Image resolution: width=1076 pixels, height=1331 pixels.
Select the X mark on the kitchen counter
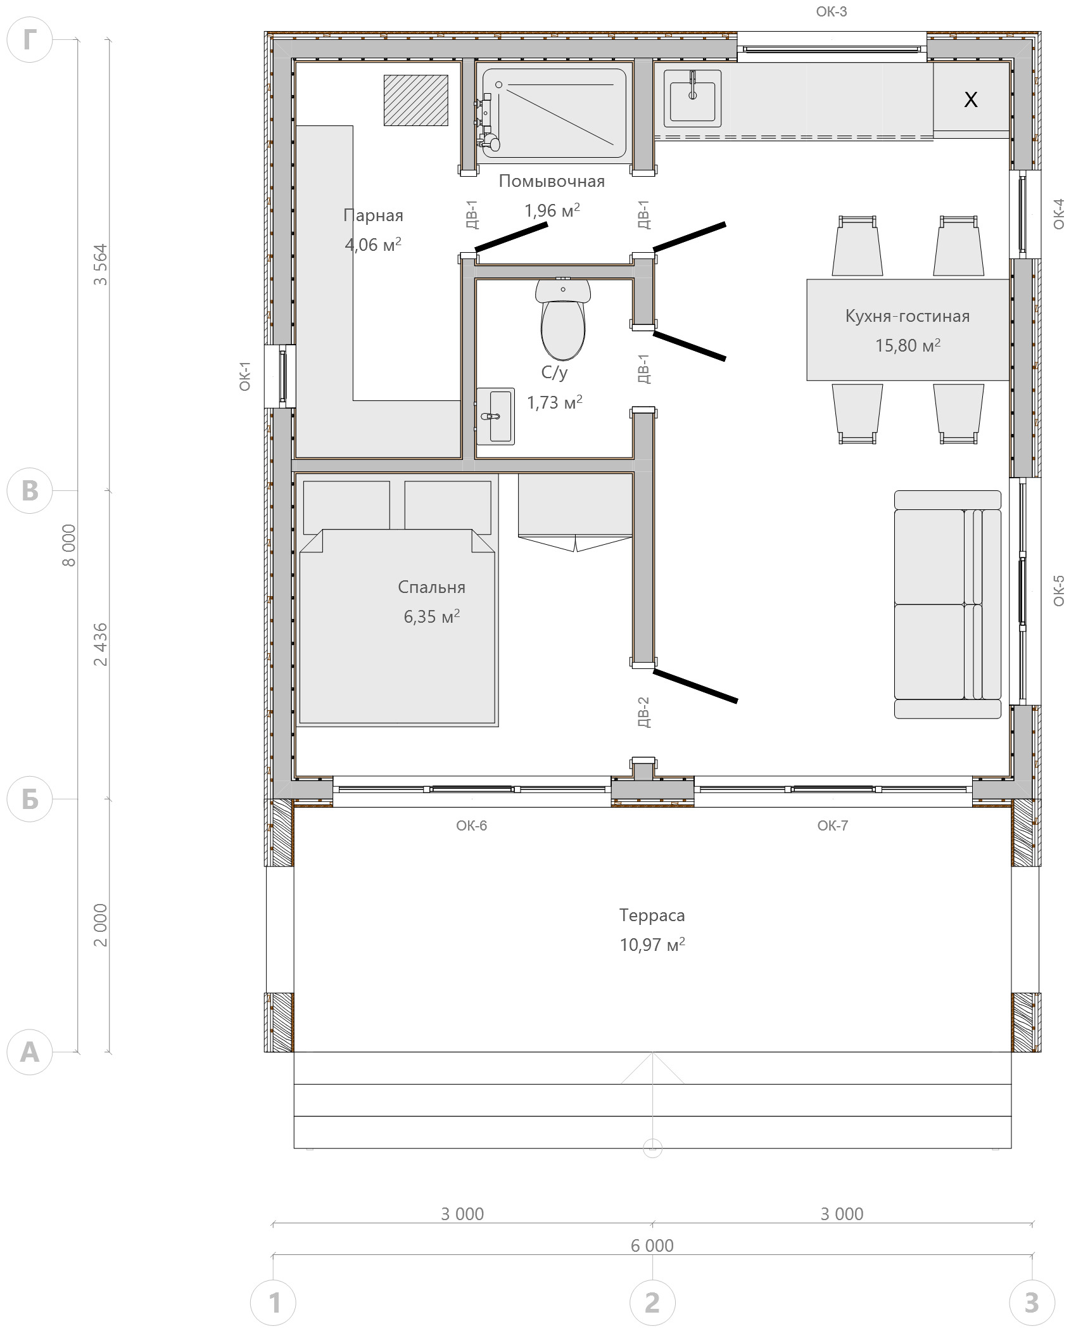tap(970, 99)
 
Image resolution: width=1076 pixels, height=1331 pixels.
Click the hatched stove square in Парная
tap(415, 100)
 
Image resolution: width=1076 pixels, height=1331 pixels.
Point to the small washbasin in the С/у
tap(495, 416)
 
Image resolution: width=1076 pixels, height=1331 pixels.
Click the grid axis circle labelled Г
tap(29, 39)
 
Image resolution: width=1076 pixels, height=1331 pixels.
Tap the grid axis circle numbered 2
tap(652, 1303)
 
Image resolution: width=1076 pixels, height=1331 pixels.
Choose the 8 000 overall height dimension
tap(69, 545)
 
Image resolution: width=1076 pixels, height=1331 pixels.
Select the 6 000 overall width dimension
tap(652, 1245)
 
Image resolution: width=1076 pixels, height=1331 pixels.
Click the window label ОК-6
tap(472, 825)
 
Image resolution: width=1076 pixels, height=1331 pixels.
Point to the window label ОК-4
tap(1059, 213)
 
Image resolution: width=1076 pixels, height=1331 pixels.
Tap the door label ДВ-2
tap(643, 712)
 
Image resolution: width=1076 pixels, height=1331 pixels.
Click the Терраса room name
tap(652, 915)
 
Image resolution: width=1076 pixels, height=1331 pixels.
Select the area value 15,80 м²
tap(908, 345)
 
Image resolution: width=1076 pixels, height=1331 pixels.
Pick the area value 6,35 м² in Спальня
tap(432, 616)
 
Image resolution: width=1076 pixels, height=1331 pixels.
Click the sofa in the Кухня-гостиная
tap(947, 604)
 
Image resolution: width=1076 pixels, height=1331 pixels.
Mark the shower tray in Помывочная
tap(554, 113)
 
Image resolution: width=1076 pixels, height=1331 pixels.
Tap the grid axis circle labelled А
tap(29, 1052)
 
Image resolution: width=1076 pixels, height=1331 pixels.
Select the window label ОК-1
tap(245, 376)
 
